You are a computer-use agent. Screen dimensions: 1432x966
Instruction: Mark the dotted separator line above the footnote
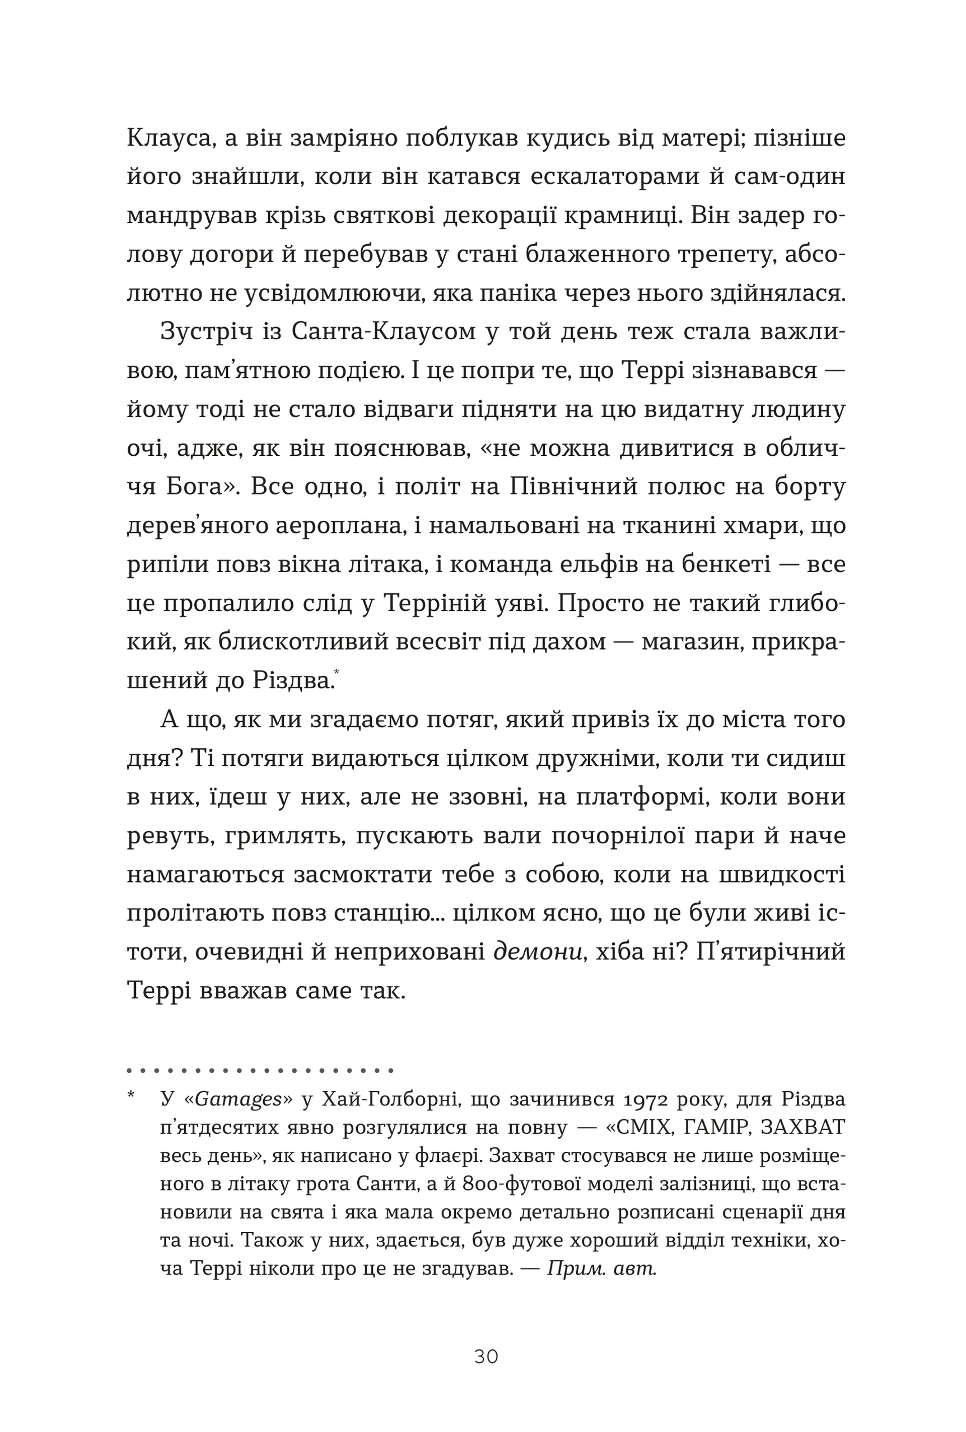point(260,1071)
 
